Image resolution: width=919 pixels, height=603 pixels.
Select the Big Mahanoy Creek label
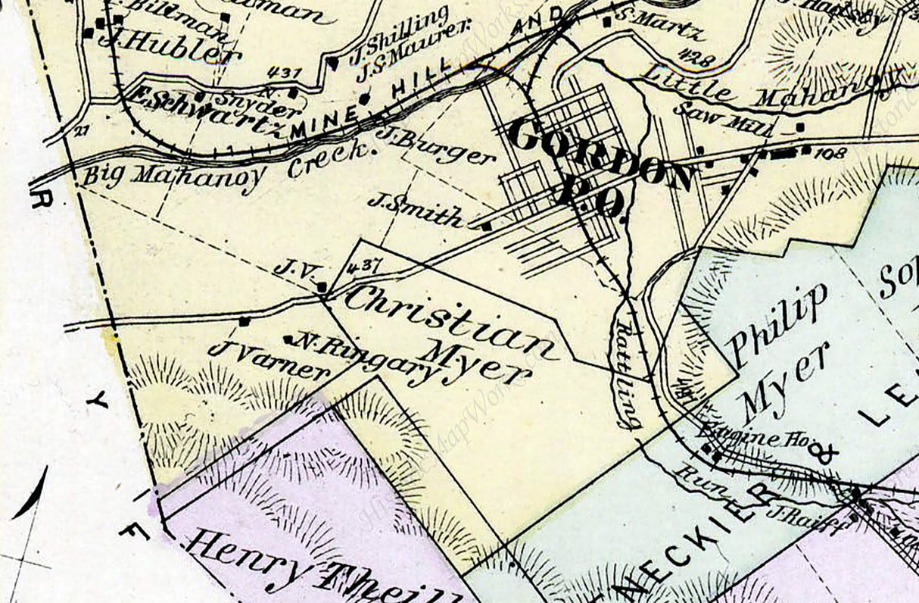227,166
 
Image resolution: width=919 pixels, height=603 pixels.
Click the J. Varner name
269,360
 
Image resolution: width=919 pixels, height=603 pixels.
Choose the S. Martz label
659,26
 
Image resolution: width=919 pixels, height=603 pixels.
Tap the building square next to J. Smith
486,225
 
